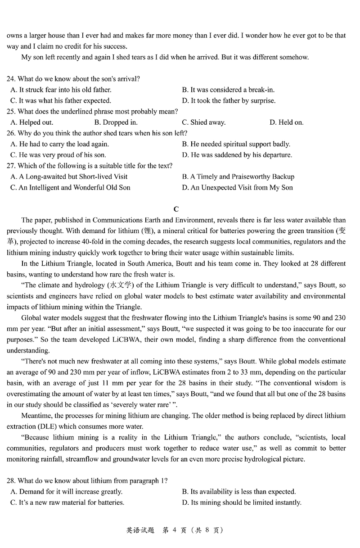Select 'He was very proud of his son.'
63,155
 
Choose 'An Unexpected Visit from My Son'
237,187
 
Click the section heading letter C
176,209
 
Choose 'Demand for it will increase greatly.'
66,492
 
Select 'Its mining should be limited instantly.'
242,503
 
